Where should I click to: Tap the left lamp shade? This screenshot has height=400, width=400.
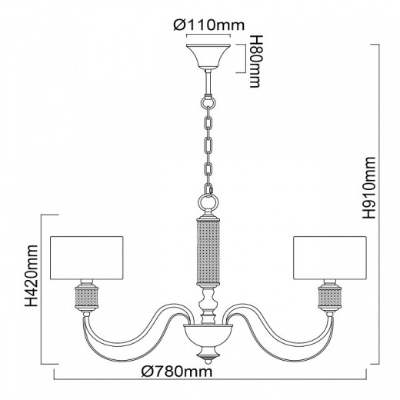(84, 258)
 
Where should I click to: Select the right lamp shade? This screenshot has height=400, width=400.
(328, 258)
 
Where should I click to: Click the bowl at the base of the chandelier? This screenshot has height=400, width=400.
(208, 336)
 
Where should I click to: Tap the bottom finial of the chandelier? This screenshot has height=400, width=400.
(208, 355)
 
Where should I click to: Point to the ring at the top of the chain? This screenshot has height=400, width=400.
(208, 100)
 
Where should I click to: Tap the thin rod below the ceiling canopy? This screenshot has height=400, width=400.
(208, 80)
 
